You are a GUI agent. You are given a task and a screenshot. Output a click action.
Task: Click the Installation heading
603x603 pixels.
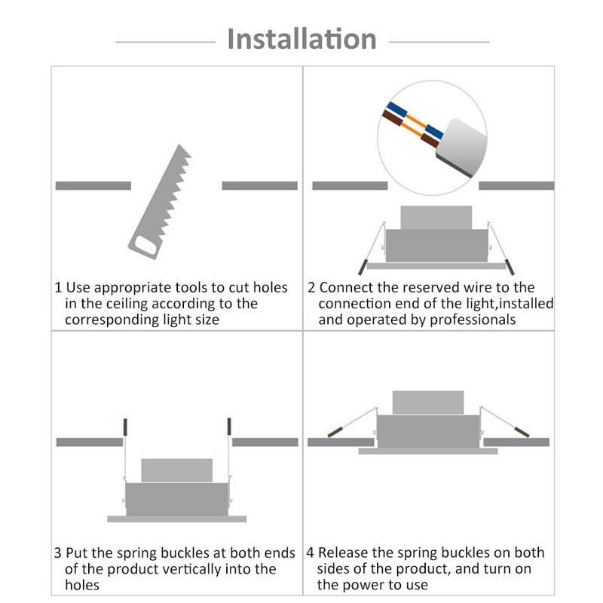(x=302, y=39)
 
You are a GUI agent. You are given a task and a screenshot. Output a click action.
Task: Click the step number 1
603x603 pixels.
(x=58, y=288)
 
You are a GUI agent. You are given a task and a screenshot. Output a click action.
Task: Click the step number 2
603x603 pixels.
(x=311, y=288)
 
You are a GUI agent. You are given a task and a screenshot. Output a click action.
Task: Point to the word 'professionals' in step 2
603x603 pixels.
(x=473, y=320)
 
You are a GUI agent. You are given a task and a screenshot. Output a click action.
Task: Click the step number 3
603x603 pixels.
(x=58, y=553)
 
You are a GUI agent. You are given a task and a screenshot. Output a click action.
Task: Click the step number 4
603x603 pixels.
(x=311, y=553)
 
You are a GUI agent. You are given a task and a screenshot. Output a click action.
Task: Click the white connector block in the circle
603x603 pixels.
(x=461, y=148)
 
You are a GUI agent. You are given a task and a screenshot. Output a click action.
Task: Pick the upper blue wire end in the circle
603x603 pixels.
(x=397, y=109)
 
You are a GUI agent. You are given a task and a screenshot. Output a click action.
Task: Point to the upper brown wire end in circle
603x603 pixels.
(x=392, y=118)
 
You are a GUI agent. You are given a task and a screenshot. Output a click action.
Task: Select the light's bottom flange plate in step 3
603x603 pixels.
(x=177, y=519)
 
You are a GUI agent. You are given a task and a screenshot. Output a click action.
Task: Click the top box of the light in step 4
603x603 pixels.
(x=428, y=403)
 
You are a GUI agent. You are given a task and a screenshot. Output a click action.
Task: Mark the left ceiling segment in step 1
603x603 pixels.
(x=93, y=185)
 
